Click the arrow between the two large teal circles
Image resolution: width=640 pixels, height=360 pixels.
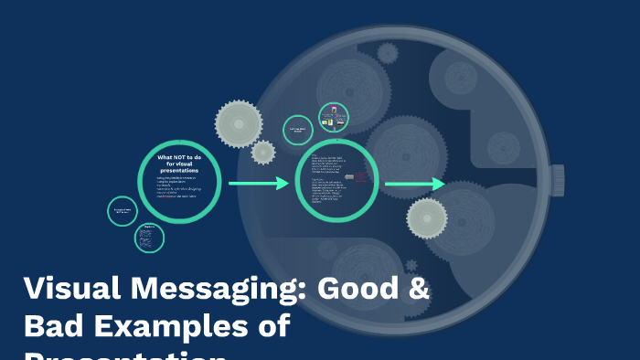258,184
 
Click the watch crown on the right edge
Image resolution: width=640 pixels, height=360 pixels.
558,179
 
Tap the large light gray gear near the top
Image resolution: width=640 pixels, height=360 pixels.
239,122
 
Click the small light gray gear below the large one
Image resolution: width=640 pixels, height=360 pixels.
263,152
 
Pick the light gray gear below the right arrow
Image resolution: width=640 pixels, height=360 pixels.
427,218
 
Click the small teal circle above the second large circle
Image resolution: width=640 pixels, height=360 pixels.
298,130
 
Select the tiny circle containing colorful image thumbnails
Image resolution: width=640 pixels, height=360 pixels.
333,117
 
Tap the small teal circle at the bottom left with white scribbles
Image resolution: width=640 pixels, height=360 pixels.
149,238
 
